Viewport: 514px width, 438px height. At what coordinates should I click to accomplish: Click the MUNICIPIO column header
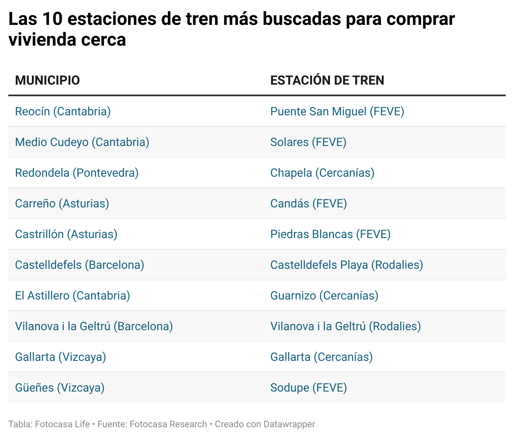(47, 80)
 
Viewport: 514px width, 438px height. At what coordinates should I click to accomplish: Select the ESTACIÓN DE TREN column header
(327, 80)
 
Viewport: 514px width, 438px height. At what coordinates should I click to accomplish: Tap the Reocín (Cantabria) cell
(63, 111)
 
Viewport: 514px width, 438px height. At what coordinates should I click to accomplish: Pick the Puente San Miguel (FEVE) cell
(337, 111)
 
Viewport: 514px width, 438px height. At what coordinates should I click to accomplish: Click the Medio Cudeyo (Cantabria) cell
(82, 142)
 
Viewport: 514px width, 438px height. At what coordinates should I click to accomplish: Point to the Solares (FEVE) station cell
(308, 142)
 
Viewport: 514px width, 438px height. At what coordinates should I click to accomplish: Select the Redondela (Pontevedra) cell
(77, 173)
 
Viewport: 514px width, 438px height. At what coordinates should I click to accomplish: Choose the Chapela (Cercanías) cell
(322, 173)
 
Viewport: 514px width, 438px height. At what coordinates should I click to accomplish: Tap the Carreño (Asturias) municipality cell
(62, 203)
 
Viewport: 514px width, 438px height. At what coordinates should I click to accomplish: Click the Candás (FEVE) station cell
(308, 203)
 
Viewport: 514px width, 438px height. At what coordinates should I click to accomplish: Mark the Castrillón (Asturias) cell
(66, 234)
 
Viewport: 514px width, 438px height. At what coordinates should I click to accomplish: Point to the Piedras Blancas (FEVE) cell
(330, 234)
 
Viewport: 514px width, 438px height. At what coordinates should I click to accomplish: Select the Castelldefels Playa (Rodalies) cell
(347, 265)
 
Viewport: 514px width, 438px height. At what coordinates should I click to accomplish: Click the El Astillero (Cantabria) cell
(73, 295)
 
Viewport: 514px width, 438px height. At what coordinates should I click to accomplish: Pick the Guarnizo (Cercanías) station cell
(324, 295)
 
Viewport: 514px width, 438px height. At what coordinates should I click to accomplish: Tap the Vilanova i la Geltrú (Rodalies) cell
(345, 326)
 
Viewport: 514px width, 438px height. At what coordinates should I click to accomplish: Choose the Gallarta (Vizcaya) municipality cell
(61, 357)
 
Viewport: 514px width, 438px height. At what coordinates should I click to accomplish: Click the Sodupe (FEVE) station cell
(308, 387)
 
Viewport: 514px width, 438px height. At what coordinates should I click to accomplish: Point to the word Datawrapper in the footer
(289, 424)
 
